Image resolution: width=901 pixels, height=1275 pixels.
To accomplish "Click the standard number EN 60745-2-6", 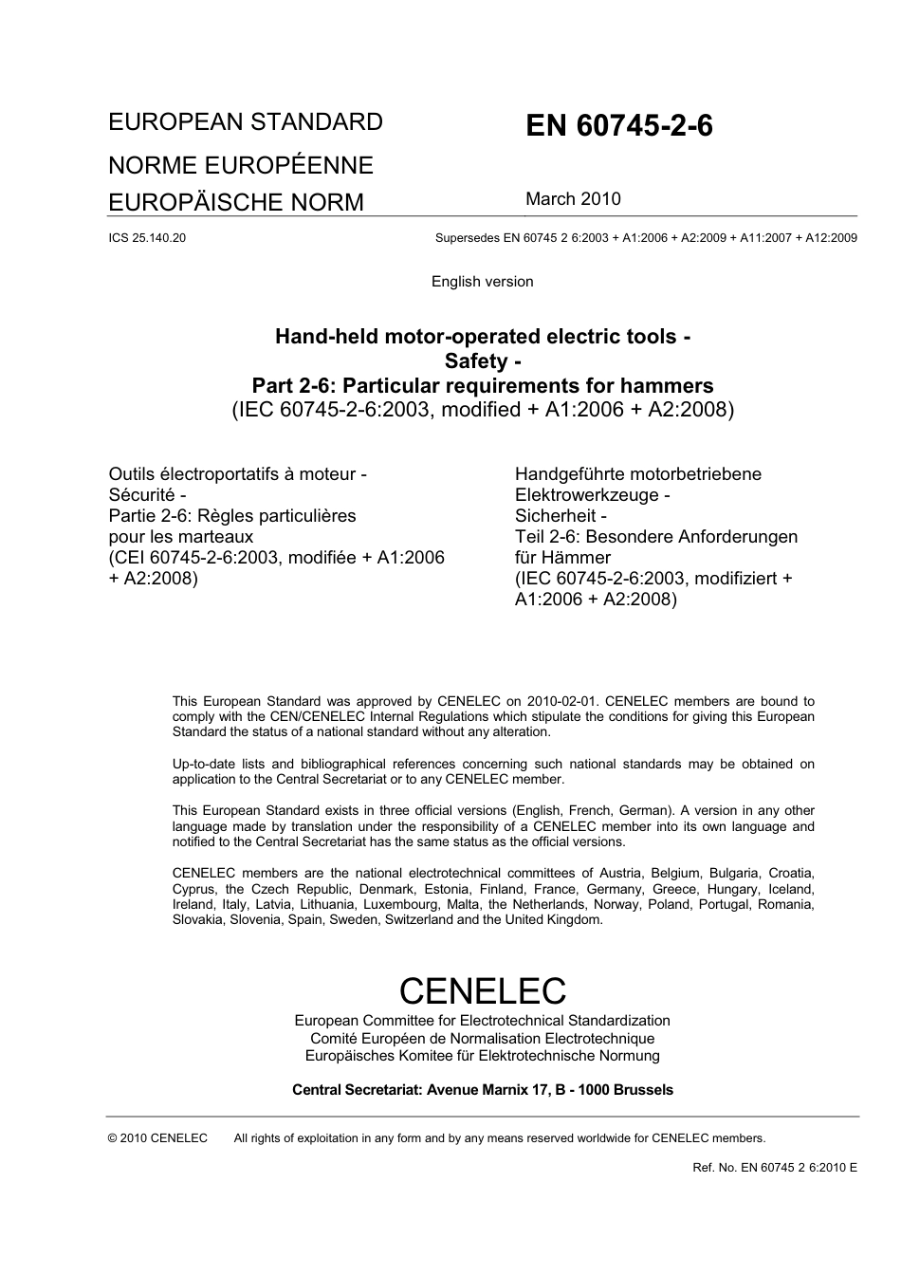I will pyautogui.click(x=618, y=126).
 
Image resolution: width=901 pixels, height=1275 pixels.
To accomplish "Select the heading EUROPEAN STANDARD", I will pyautogui.click(x=246, y=122).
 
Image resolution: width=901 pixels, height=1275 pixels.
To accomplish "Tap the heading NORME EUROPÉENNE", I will pyautogui.click(x=241, y=165).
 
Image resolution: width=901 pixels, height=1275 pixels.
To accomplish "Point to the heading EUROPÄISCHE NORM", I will pyautogui.click(x=236, y=202).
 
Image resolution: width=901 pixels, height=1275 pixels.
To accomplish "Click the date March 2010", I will pyautogui.click(x=573, y=199).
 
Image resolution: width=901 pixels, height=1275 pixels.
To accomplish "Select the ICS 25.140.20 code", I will pyautogui.click(x=147, y=238).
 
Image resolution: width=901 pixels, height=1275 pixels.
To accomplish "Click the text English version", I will pyautogui.click(x=482, y=282).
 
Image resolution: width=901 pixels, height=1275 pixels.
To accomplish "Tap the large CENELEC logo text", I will pyautogui.click(x=482, y=990).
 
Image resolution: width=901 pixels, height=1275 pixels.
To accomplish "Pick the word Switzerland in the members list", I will pyautogui.click(x=419, y=920).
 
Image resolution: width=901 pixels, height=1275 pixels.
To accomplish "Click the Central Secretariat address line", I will pyautogui.click(x=482, y=1090).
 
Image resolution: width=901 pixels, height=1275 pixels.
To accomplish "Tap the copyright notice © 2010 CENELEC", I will pyautogui.click(x=157, y=1138).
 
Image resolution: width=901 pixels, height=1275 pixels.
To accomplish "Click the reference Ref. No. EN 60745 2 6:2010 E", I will pyautogui.click(x=775, y=1168).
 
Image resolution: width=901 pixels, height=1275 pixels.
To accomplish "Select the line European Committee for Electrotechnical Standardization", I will pyautogui.click(x=482, y=1021).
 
